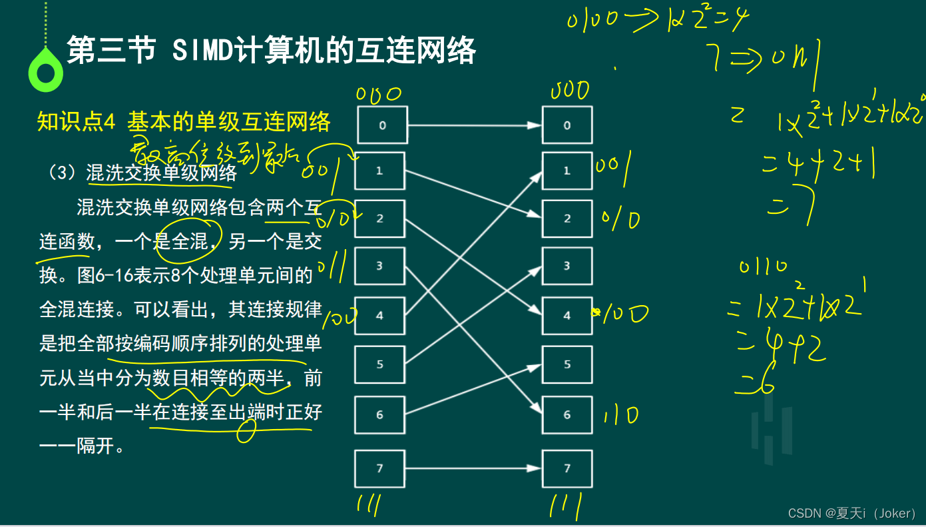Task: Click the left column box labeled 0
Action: (382, 125)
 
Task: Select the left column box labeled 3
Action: (379, 266)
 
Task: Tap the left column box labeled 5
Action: (379, 364)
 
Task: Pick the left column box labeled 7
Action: (379, 468)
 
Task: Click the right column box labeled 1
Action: (567, 171)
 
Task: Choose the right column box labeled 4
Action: (567, 315)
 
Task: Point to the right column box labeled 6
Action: (567, 414)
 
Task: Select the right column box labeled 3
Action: (567, 266)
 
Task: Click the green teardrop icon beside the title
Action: (46, 70)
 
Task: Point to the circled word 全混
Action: (190, 241)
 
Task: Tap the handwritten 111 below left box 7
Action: (368, 504)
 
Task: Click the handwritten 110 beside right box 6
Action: (620, 416)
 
